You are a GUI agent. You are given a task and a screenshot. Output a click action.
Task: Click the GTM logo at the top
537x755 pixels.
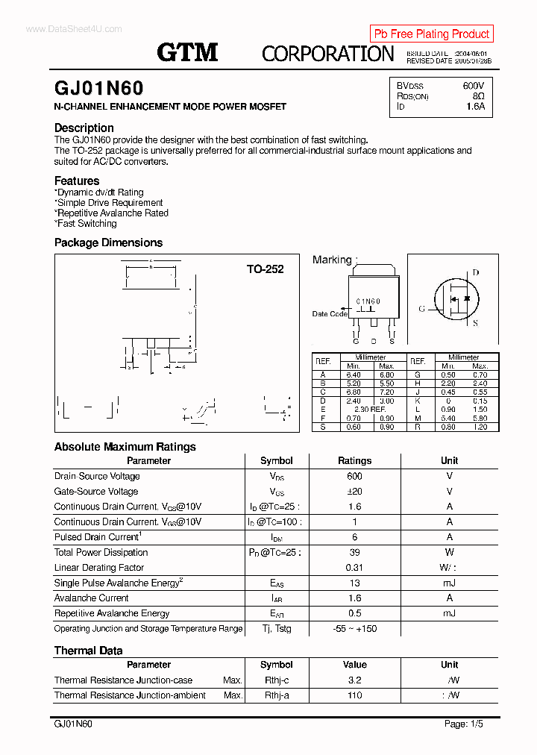[187, 51]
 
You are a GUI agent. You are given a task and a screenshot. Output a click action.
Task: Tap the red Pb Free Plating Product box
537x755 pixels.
[431, 34]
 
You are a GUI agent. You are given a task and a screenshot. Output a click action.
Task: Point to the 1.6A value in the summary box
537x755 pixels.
[475, 107]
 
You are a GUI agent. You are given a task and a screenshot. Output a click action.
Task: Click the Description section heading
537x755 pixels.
[84, 128]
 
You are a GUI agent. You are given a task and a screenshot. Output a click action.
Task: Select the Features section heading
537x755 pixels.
[77, 181]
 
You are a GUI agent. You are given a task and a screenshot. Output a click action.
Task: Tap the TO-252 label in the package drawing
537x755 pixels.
[265, 269]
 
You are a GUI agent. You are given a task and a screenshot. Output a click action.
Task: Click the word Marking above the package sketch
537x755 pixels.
[332, 260]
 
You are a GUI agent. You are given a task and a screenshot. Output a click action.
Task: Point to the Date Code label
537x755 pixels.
[329, 314]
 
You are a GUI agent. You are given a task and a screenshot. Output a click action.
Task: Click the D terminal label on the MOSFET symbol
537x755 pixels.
[475, 273]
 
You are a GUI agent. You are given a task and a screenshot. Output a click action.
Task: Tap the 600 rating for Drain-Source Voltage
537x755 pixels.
[354, 476]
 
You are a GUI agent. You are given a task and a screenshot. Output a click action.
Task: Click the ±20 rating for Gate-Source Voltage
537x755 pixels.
[354, 492]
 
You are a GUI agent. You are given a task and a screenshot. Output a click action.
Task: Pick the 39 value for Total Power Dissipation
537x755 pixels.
[354, 553]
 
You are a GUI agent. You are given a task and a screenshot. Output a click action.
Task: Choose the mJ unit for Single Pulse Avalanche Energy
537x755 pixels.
[449, 583]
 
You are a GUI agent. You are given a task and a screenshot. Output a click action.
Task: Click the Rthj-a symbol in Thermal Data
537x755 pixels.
[276, 695]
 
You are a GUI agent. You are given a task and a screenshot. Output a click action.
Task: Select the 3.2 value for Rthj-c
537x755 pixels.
[354, 680]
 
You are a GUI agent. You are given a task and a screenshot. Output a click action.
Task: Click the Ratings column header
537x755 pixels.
[354, 461]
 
